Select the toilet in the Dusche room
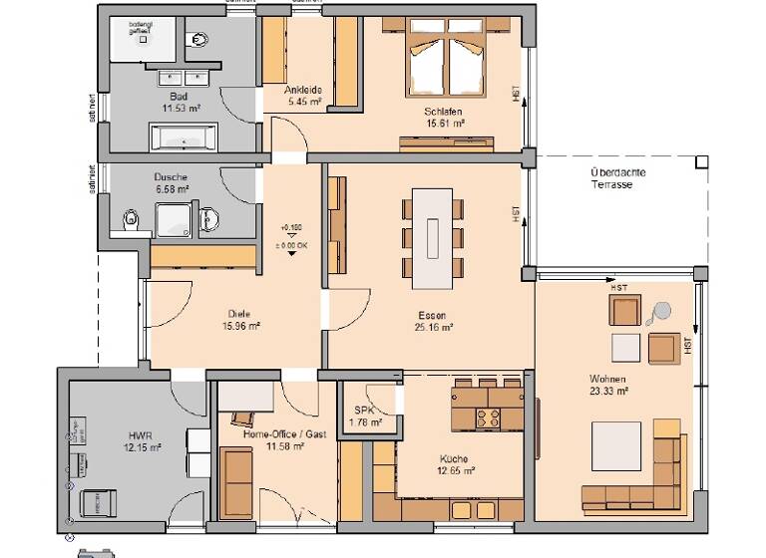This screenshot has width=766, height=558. point(130,219)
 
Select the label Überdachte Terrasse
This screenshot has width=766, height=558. point(616,178)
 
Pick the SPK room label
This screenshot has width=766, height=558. point(358,411)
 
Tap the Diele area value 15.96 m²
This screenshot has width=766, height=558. point(241,325)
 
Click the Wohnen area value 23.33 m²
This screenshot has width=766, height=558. point(607,392)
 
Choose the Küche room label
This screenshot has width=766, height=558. point(453,458)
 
